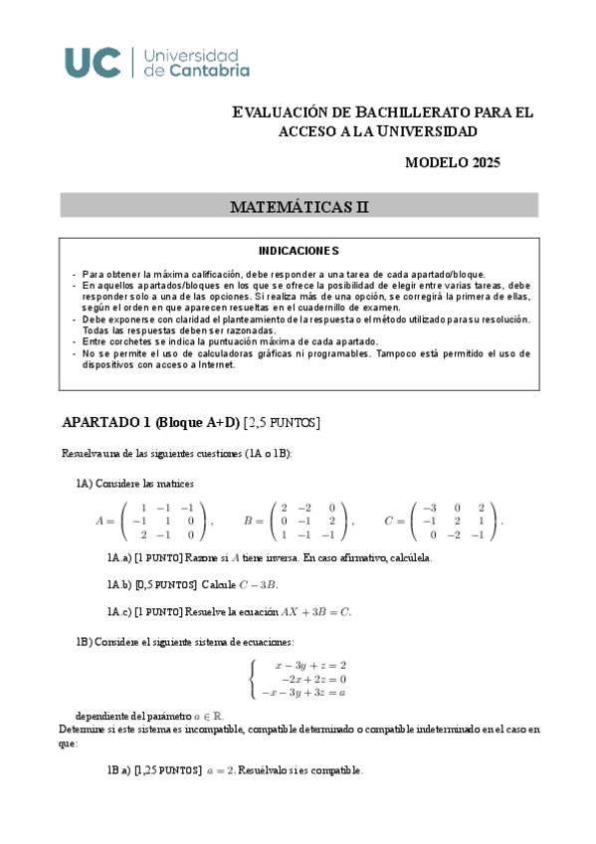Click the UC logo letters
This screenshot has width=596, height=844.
click(x=94, y=62)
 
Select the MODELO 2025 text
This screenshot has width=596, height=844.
click(x=453, y=163)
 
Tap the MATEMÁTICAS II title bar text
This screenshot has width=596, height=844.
click(x=298, y=207)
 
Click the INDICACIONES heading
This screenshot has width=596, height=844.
click(x=298, y=251)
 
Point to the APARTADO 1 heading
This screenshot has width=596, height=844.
click(x=149, y=423)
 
